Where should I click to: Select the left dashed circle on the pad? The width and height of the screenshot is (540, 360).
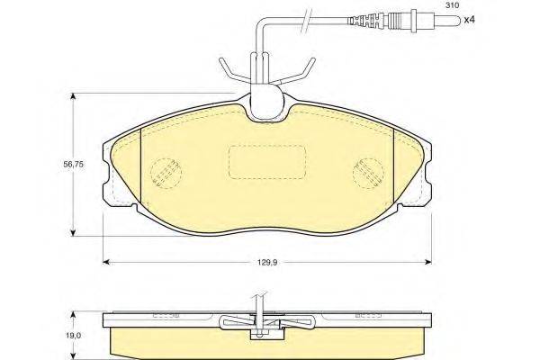point(163,171)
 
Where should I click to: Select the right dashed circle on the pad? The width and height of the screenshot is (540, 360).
point(369,171)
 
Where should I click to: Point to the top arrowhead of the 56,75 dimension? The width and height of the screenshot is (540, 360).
point(73,92)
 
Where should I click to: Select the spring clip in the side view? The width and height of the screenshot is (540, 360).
point(261,322)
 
